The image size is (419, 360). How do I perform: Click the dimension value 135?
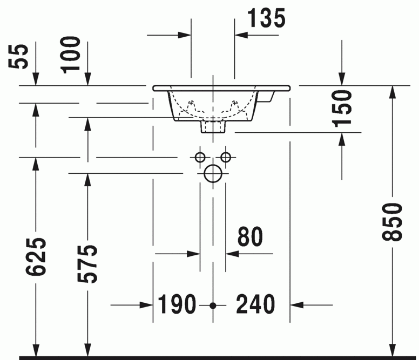(x=266, y=18)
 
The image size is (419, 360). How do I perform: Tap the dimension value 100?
(x=71, y=54)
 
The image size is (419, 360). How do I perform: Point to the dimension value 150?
(x=342, y=108)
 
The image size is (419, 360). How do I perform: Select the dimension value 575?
(x=88, y=264)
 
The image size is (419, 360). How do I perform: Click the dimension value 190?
(x=177, y=305)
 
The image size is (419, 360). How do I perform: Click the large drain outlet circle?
(x=213, y=174)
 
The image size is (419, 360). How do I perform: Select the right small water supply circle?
(x=226, y=157)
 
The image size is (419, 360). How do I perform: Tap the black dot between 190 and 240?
(x=213, y=305)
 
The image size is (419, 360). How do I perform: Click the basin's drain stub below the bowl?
(x=213, y=126)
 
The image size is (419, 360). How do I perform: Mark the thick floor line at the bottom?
(x=216, y=357)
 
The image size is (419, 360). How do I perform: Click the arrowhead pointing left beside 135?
(x=241, y=36)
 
